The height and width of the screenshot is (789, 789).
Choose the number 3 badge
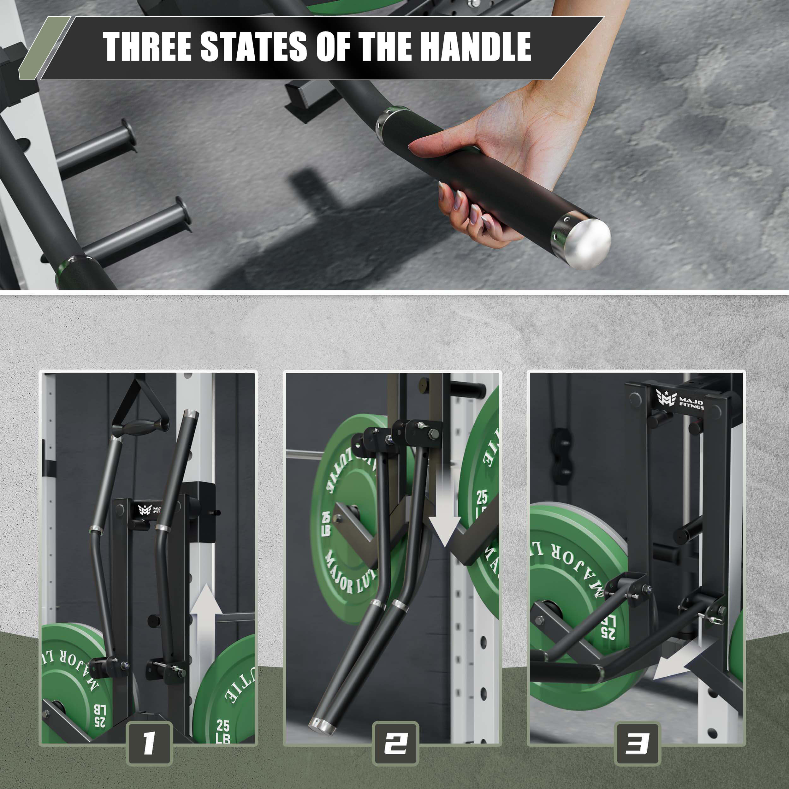(x=637, y=743)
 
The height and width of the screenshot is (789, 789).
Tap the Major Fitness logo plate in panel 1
(x=149, y=510)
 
